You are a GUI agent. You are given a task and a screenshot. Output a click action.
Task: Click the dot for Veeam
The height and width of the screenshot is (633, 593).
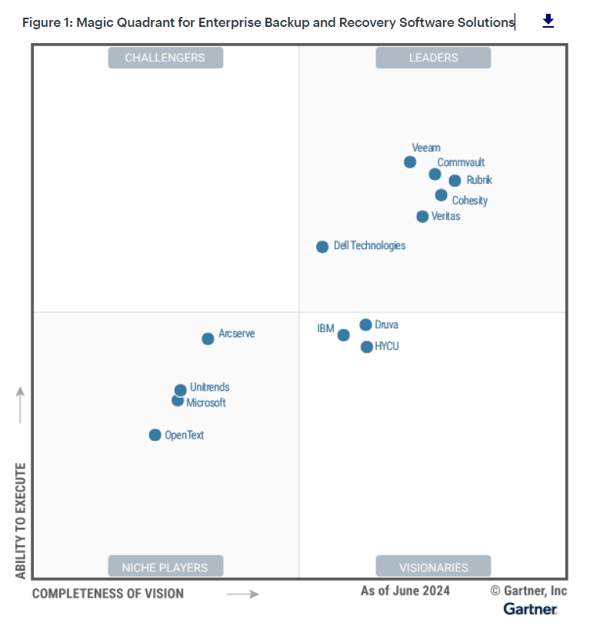pyautogui.click(x=410, y=162)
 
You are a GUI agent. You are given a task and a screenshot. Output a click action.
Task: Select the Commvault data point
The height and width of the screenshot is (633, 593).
pyautogui.click(x=435, y=174)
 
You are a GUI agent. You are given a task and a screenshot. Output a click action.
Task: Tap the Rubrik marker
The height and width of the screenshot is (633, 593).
pyautogui.click(x=455, y=181)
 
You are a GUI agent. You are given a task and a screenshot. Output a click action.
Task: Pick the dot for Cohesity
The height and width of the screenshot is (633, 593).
pyautogui.click(x=441, y=195)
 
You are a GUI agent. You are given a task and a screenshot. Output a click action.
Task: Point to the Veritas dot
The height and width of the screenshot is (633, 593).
pyautogui.click(x=422, y=216)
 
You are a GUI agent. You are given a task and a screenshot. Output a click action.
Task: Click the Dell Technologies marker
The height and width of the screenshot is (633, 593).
pyautogui.click(x=322, y=247)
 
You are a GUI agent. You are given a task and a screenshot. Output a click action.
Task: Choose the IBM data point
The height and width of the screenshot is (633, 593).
pyautogui.click(x=344, y=335)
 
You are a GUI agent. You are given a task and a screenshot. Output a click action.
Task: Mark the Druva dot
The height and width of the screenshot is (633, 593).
pyautogui.click(x=365, y=325)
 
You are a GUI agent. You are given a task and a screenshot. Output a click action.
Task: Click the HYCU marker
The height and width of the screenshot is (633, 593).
pyautogui.click(x=367, y=347)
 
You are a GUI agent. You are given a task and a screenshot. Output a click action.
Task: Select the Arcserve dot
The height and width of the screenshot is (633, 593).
pyautogui.click(x=208, y=338)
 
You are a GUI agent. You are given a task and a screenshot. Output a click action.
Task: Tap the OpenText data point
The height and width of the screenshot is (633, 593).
pyautogui.click(x=155, y=435)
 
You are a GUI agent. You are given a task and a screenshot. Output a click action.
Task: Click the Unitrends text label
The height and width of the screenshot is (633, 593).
pyautogui.click(x=209, y=388)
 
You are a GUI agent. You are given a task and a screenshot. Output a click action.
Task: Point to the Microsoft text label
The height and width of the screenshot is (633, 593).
pyautogui.click(x=206, y=403)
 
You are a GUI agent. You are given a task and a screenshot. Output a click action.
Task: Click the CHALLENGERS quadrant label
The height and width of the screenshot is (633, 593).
pyautogui.click(x=165, y=58)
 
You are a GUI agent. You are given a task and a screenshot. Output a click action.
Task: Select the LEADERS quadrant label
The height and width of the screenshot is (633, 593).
pyautogui.click(x=433, y=58)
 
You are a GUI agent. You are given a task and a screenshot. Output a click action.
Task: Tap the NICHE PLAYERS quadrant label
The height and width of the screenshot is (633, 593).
pyautogui.click(x=165, y=567)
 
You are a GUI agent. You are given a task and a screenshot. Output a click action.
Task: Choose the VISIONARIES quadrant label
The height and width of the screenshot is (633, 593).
pyautogui.click(x=433, y=567)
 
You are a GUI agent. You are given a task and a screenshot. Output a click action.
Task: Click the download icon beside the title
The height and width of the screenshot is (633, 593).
pyautogui.click(x=548, y=21)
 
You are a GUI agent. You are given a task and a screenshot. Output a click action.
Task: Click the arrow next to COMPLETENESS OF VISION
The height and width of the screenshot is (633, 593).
pyautogui.click(x=243, y=594)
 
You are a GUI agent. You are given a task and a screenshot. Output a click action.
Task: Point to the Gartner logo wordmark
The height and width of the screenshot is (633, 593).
pyautogui.click(x=531, y=609)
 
